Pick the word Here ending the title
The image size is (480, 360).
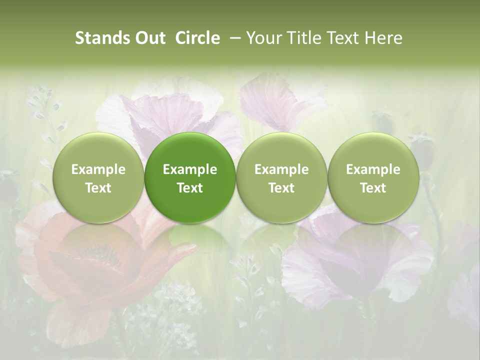tap(383, 38)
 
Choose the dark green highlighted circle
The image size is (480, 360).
tap(190, 177)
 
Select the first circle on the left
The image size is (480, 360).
tap(98, 177)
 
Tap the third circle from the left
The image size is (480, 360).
tap(281, 177)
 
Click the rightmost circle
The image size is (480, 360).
tap(373, 177)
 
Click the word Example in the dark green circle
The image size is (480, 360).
tap(190, 169)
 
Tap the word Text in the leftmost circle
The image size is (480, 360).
tap(98, 188)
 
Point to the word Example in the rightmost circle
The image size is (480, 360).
tap(373, 169)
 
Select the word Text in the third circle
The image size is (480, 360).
tap(281, 188)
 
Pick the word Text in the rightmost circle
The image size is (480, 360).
tap(373, 188)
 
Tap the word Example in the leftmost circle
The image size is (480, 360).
tap(98, 169)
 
